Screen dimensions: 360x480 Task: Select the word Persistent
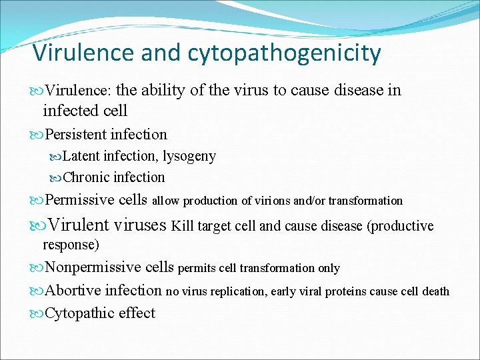point(75,135)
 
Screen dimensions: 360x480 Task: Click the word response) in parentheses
point(71,245)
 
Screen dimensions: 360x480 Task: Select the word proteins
point(363,291)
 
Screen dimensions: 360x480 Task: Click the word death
point(436,291)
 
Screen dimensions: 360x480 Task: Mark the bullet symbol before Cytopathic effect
point(37,313)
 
